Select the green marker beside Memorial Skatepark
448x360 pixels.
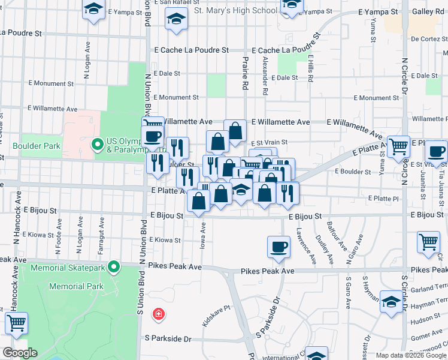(114, 267)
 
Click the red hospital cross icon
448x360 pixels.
(158, 313)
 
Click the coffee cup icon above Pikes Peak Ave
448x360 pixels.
(279, 247)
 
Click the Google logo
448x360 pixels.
(20, 353)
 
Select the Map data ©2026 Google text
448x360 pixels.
(410, 355)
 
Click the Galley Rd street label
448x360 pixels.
(430, 12)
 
